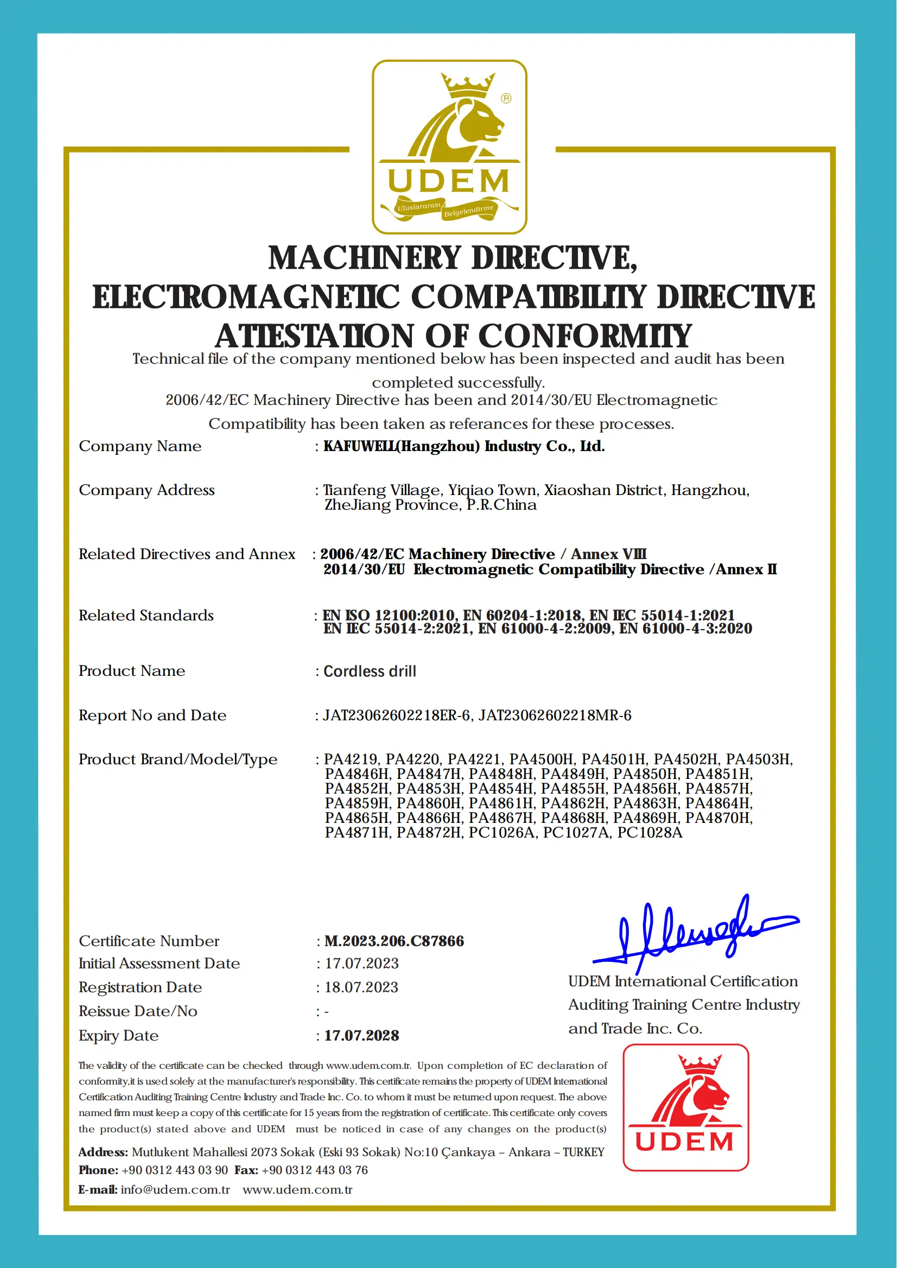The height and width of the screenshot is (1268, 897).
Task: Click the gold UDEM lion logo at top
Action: (x=449, y=147)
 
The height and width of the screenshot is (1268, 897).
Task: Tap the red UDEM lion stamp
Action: (x=685, y=1107)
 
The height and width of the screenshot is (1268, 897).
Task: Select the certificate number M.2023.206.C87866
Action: (x=394, y=941)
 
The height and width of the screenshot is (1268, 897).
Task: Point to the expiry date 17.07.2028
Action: (x=361, y=1035)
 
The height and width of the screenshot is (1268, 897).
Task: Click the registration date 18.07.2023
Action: (x=361, y=987)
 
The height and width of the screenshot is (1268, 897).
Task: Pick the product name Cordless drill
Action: (x=370, y=671)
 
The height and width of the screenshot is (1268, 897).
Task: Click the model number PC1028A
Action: (x=650, y=833)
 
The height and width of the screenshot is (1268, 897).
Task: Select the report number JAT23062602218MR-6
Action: (x=555, y=715)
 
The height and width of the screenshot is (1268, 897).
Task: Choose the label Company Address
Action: (x=147, y=490)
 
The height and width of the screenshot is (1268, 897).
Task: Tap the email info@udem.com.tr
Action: (x=175, y=1189)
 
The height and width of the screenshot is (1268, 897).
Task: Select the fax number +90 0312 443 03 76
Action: (x=314, y=1170)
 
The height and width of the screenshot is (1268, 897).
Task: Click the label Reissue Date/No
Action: (x=137, y=1011)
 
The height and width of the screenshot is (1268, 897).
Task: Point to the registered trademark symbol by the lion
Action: (x=506, y=98)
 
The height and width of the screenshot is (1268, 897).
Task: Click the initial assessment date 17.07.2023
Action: (x=361, y=963)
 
